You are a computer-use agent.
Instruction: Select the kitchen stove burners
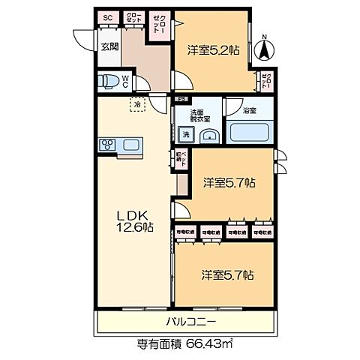click(x=106, y=145)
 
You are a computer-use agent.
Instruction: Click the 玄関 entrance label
click(x=109, y=46)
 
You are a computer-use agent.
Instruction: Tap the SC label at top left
click(x=106, y=17)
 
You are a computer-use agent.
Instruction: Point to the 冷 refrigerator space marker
click(x=138, y=106)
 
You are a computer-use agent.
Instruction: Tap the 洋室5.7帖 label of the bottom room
click(x=226, y=274)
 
